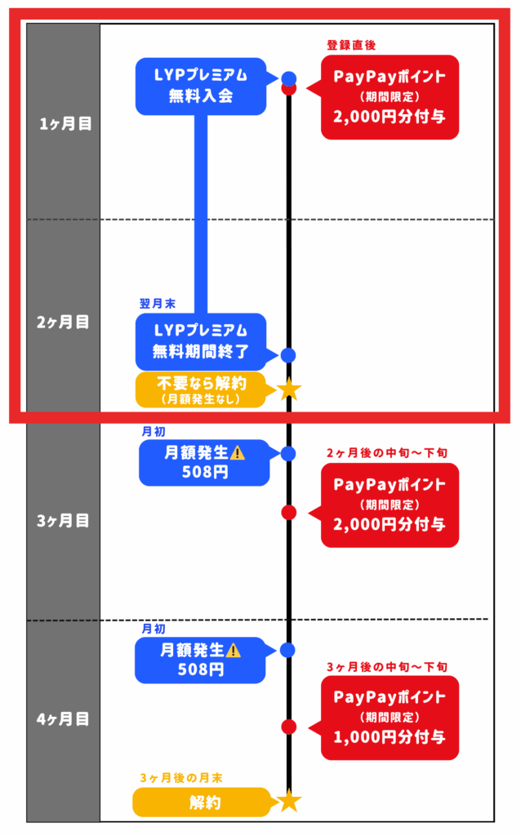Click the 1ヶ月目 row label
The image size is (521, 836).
tap(65, 123)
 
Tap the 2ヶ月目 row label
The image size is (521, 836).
tap(65, 322)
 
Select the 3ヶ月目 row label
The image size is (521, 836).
tap(65, 520)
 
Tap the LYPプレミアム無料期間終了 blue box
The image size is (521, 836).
tap(201, 341)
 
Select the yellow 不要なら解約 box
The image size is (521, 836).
tap(200, 389)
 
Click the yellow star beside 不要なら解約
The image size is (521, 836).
tap(288, 389)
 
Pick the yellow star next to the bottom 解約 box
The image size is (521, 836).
tap(288, 801)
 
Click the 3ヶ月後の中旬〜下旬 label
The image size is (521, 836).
tap(387, 667)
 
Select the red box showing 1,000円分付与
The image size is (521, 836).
tap(390, 717)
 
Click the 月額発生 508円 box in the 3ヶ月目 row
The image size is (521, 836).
tap(204, 463)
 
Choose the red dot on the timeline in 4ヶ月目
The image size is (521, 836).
tap(288, 726)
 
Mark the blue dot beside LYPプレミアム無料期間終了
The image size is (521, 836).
tap(287, 355)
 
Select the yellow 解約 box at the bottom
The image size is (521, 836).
tap(201, 803)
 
